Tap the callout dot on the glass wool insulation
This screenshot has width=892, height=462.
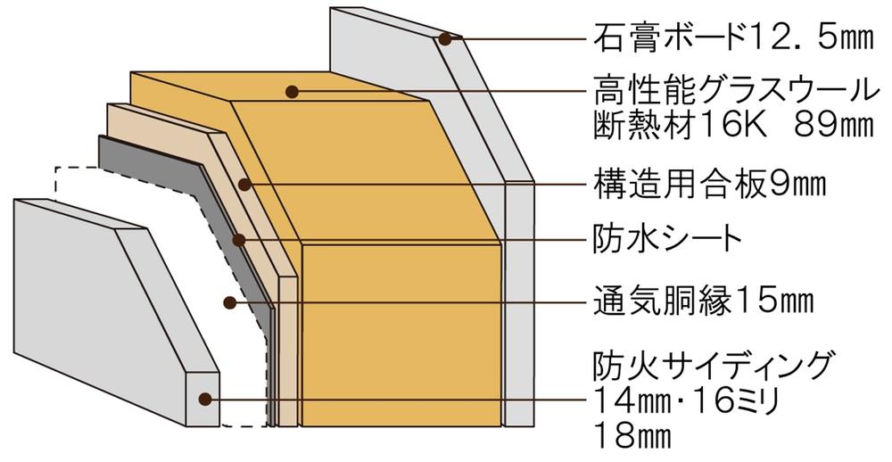[291, 90]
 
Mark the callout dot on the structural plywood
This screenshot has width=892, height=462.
[245, 185]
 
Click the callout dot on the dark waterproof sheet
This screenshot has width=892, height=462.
[238, 240]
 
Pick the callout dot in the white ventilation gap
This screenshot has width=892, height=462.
[229, 302]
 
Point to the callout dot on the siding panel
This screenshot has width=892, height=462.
[204, 400]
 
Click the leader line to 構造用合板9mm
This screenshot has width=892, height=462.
[410, 185]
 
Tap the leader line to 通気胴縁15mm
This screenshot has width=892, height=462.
[401, 302]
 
